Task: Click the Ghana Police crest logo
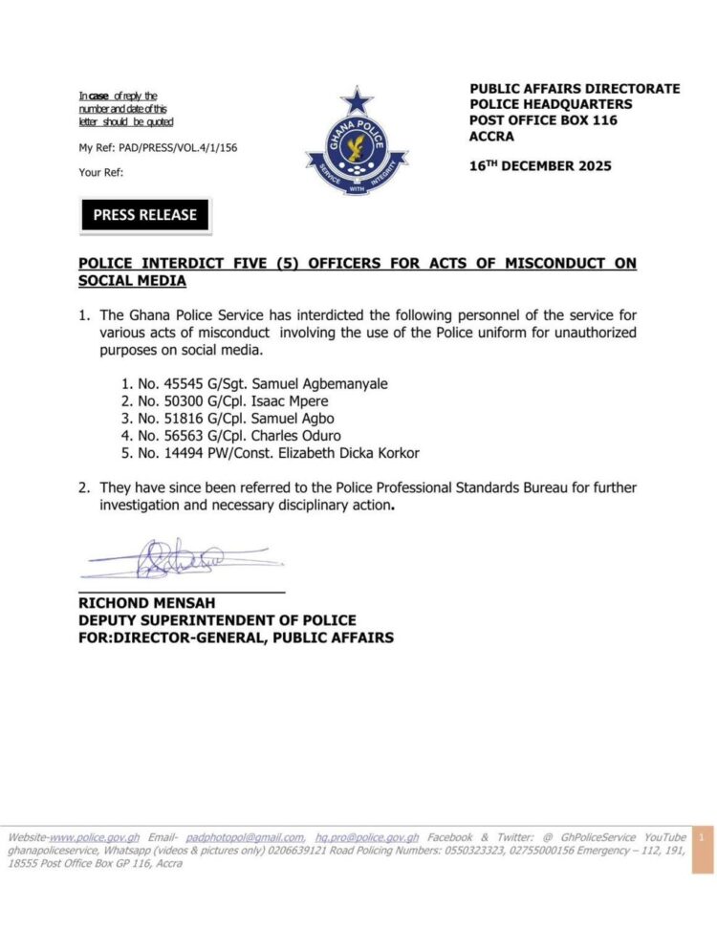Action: point(356,141)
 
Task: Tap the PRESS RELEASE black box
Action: point(144,215)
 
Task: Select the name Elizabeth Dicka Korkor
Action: point(336,452)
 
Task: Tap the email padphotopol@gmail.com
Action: point(246,836)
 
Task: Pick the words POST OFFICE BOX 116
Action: point(543,119)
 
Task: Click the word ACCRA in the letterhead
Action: point(491,136)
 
